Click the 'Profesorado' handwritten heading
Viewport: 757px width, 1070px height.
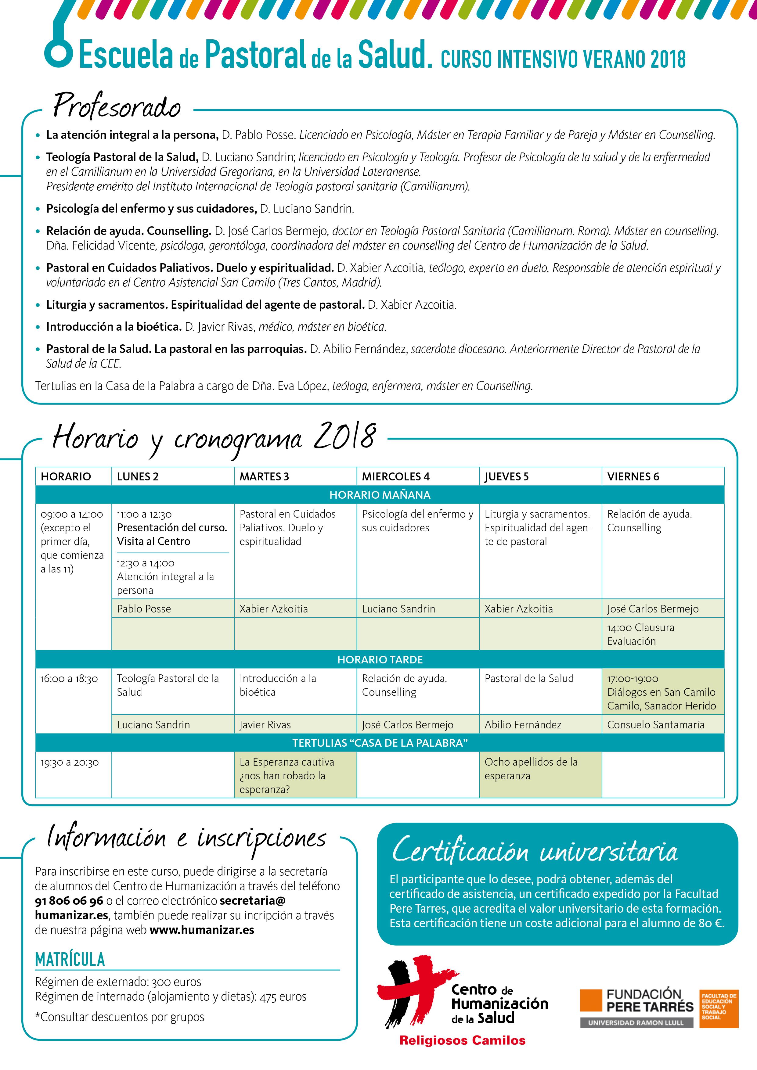[x=117, y=106]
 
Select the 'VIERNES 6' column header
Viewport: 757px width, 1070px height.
[x=633, y=476]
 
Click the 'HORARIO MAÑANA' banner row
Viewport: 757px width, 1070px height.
[x=380, y=495]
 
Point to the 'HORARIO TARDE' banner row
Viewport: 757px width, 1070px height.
[x=380, y=659]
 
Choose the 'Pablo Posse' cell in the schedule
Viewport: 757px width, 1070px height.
[x=144, y=609]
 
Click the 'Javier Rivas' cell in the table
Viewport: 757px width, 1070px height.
[x=265, y=725]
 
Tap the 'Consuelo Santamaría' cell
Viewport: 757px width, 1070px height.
[x=655, y=725]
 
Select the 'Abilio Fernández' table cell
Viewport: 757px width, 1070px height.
[x=523, y=725]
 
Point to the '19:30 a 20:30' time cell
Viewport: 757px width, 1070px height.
[x=70, y=763]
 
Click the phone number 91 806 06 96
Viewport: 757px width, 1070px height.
[x=69, y=901]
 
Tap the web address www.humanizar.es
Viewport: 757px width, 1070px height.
[x=202, y=930]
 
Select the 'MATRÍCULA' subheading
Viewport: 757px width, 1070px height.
[x=70, y=960]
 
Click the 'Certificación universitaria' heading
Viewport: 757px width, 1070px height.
[x=534, y=851]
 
